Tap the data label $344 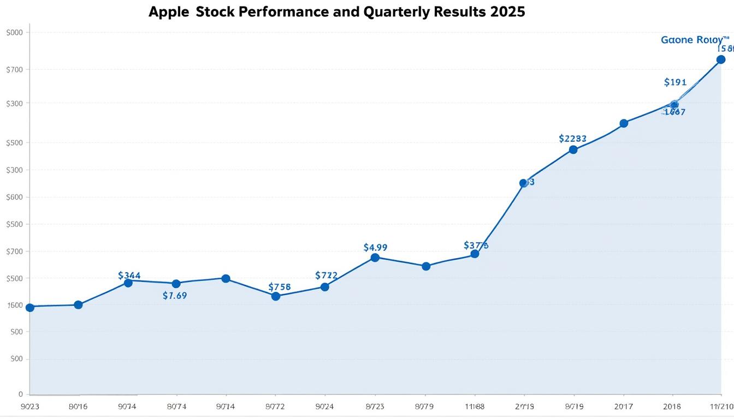(x=129, y=276)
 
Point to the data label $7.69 (x=175, y=296)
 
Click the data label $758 (x=280, y=287)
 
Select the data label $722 (x=327, y=276)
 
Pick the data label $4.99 (x=375, y=247)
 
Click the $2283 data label (x=573, y=139)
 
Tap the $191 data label (x=675, y=82)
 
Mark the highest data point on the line (x=720, y=59)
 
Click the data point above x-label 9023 (x=30, y=308)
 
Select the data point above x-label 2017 (x=624, y=123)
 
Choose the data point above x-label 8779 (x=426, y=266)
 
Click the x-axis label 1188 (x=475, y=406)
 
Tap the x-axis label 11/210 (x=721, y=406)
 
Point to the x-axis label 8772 (x=275, y=406)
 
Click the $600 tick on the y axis (x=14, y=197)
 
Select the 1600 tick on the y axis (x=14, y=306)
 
